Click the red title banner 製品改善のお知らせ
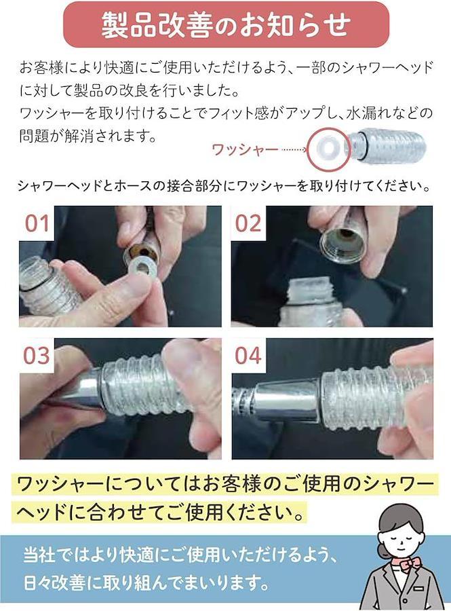226,24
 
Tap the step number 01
37,223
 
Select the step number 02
248,223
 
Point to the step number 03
37,355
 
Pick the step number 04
248,355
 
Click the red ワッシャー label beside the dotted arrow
245,149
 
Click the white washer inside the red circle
326,149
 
